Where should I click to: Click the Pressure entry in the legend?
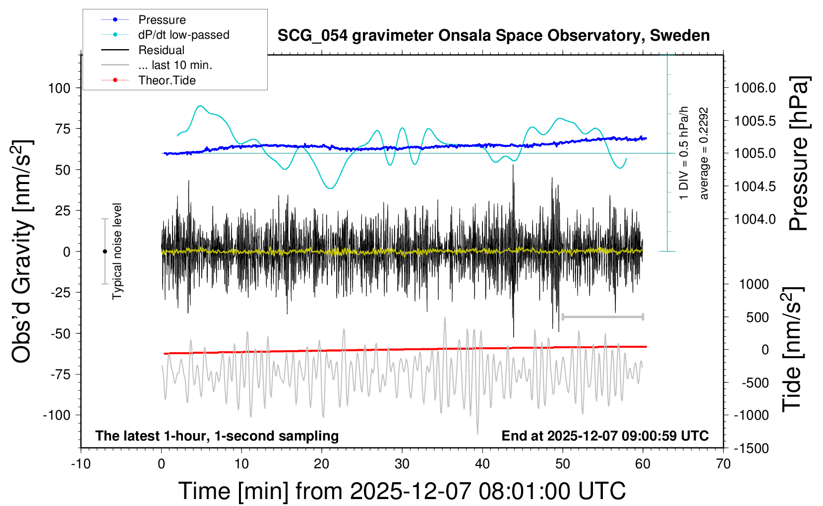(162, 20)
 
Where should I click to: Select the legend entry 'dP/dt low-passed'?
(183, 35)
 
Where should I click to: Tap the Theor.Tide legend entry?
(167, 80)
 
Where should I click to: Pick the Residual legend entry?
(161, 50)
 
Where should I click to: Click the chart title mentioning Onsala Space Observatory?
(493, 36)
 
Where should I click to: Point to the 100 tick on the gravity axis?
(59, 88)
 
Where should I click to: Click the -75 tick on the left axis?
(60, 375)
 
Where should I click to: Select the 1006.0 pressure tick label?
(755, 88)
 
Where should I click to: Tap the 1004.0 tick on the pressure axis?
(755, 219)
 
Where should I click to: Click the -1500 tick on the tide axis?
(751, 448)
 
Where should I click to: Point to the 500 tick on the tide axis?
(757, 317)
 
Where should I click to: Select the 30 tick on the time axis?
(402, 464)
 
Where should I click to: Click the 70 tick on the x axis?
(723, 464)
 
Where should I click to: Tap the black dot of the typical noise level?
(105, 252)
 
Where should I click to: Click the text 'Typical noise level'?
(117, 251)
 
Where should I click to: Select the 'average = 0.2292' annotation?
(704, 154)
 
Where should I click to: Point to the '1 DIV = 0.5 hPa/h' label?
(684, 153)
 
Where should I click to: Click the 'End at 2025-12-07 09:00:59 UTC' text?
(605, 436)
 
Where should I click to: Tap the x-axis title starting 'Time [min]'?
(402, 491)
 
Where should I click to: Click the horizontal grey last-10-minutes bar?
(602, 316)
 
